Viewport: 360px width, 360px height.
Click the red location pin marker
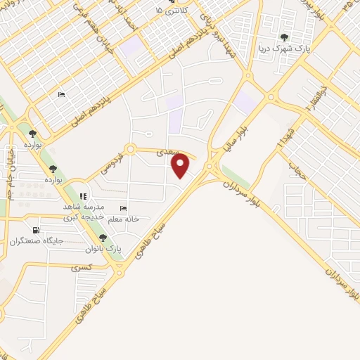coord(181,166)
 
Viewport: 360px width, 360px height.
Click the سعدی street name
coord(167,150)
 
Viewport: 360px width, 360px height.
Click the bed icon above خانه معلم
coord(124,209)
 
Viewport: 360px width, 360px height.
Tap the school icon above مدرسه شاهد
coord(84,195)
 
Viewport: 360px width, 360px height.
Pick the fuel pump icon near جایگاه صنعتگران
coord(36,230)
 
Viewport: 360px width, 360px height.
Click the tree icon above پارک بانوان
coord(104,238)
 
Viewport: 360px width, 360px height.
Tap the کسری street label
coord(82,268)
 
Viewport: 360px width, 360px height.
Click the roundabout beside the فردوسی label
coord(129,149)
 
